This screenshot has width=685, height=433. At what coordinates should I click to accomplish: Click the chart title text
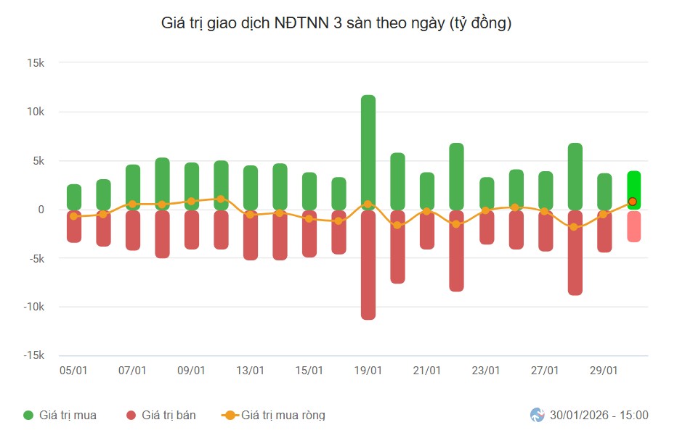pos(336,23)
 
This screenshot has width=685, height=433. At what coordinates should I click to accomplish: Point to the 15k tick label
pos(36,63)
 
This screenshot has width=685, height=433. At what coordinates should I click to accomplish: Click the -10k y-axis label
pos(33,307)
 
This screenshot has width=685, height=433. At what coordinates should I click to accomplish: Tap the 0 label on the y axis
pos(41,210)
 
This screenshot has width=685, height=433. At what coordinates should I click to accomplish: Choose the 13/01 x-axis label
pos(250,371)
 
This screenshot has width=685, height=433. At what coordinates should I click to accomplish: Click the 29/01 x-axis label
pos(604,371)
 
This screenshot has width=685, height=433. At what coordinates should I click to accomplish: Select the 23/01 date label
pos(486,371)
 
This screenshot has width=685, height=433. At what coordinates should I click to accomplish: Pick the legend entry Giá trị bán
pos(169,416)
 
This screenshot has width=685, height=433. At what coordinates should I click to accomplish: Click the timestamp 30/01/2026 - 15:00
pos(599,416)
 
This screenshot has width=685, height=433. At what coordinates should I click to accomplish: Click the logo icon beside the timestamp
pos(538,416)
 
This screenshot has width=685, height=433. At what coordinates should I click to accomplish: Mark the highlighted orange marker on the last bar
pos(633,202)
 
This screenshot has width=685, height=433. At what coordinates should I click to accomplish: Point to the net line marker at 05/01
pos(74,216)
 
